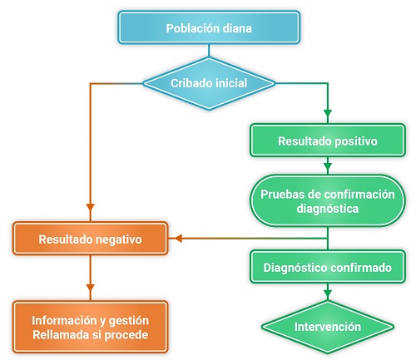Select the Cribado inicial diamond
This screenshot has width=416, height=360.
click(208, 83)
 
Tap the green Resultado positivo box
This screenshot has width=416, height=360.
click(327, 141)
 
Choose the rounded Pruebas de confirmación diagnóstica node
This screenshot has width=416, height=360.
click(327, 201)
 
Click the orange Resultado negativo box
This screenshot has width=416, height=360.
click(91, 239)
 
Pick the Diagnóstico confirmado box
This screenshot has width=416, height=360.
click(327, 268)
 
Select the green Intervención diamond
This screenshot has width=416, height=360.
click(327, 326)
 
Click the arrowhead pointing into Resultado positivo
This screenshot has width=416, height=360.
click(327, 113)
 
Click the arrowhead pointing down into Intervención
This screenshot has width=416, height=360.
click(327, 293)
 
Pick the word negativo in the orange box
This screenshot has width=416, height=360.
click(117, 239)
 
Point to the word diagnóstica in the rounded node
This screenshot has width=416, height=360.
click(327, 209)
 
